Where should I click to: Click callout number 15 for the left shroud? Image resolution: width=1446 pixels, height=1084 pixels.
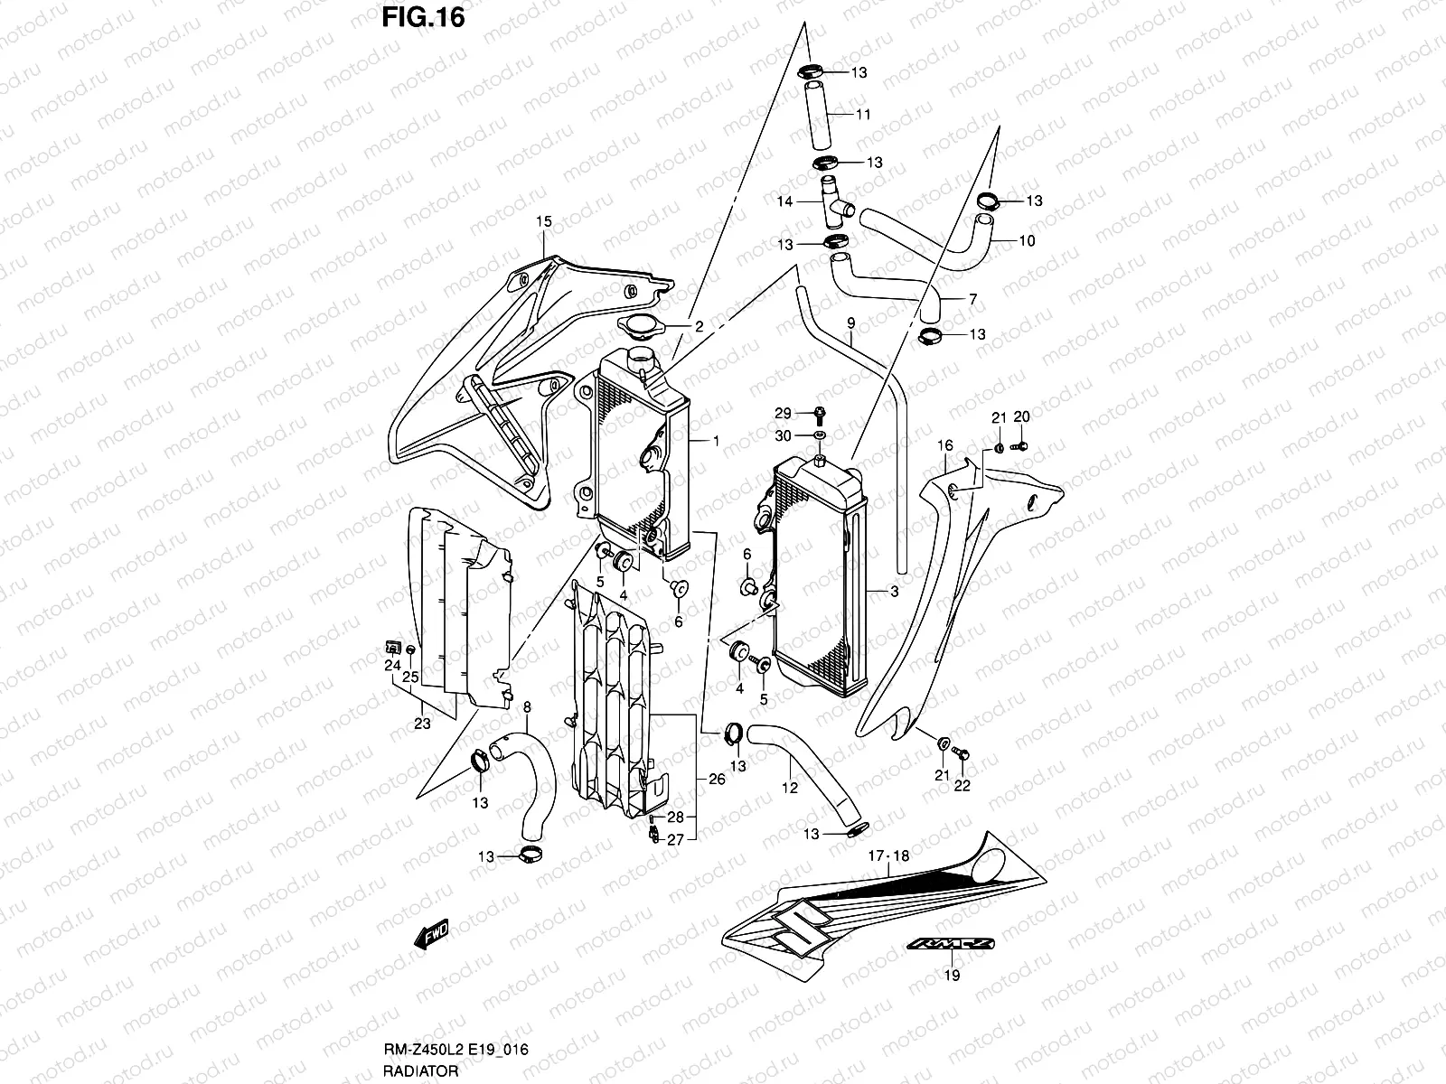[x=542, y=221]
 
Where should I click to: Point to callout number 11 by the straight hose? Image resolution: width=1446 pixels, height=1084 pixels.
[x=863, y=115]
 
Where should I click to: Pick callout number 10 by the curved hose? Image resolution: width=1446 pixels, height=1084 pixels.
[x=1027, y=241]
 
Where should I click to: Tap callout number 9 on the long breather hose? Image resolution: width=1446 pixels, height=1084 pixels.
[x=850, y=322]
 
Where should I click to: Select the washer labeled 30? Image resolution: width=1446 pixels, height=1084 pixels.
[x=819, y=436]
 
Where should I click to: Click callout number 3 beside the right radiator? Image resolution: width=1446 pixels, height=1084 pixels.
[x=894, y=593]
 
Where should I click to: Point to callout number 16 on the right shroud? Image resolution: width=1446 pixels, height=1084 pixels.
[x=945, y=445]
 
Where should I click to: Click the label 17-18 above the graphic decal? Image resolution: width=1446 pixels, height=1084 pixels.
[x=889, y=855]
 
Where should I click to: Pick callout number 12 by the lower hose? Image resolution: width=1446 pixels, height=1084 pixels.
[x=789, y=788]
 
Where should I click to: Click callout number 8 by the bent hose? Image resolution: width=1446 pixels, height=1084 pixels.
[x=527, y=707]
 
